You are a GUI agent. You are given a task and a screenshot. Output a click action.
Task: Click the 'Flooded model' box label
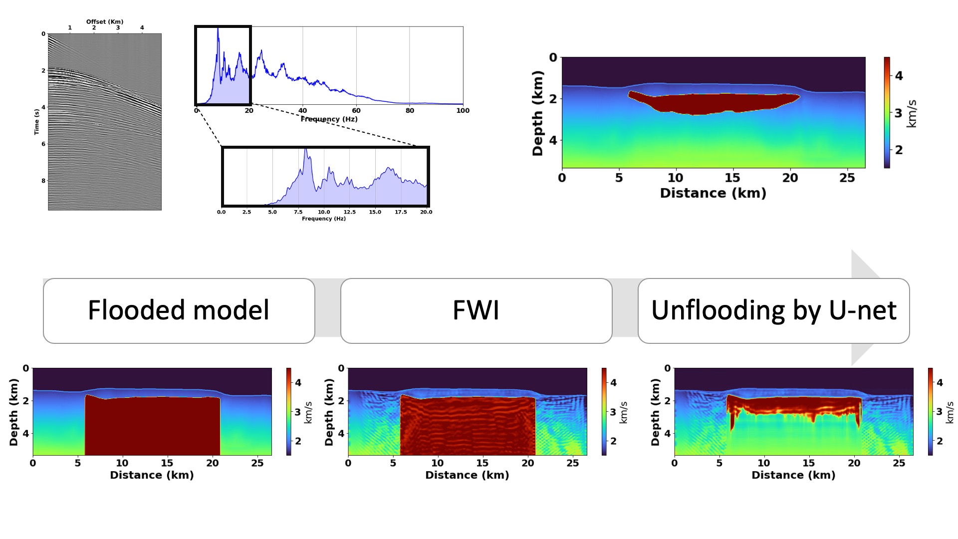click(179, 310)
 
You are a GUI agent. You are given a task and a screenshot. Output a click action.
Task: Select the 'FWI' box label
click(476, 310)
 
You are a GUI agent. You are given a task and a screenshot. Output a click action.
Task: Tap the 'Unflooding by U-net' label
click(773, 310)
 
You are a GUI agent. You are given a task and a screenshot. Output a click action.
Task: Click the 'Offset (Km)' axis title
click(105, 21)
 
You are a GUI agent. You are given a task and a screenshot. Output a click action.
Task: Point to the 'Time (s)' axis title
click(36, 122)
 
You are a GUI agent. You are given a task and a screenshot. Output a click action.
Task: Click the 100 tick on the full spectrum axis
click(463, 111)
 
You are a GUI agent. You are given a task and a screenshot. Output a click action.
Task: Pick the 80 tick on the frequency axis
click(410, 111)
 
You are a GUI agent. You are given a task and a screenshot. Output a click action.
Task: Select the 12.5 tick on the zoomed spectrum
click(349, 212)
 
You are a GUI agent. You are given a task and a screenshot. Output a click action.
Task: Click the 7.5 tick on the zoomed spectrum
click(298, 212)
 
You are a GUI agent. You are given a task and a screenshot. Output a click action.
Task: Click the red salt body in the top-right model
click(714, 103)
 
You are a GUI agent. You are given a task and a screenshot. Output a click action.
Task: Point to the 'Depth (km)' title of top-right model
click(537, 113)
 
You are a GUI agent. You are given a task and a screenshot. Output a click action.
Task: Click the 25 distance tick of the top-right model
click(847, 178)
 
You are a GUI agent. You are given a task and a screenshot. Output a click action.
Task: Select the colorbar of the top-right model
click(887, 112)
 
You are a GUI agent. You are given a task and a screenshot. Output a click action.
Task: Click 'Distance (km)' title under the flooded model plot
click(152, 475)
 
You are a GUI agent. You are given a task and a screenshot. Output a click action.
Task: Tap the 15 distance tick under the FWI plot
click(482, 463)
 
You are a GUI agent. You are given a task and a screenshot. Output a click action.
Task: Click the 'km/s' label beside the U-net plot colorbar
click(950, 412)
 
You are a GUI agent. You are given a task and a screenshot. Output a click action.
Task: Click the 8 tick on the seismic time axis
click(43, 181)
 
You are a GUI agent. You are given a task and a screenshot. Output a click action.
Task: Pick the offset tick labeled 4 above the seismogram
click(142, 28)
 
